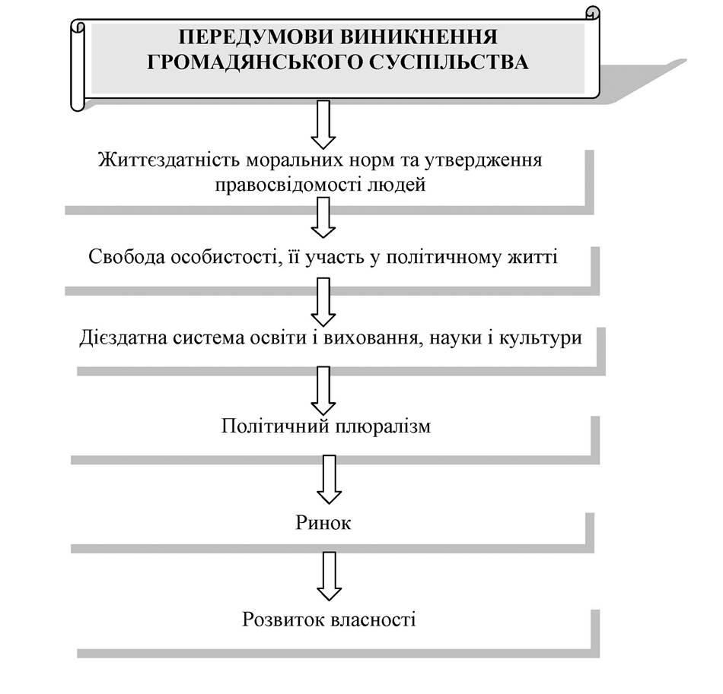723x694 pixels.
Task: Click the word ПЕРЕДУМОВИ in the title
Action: (x=256, y=36)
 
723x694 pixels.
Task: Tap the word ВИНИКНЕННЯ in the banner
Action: (x=419, y=36)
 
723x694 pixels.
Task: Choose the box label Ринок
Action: (x=323, y=523)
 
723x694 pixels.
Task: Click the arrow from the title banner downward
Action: (x=323, y=125)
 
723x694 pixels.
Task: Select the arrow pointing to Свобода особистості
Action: (x=323, y=217)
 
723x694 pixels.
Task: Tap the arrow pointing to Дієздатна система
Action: (x=323, y=302)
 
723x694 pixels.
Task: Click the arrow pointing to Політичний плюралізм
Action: (x=323, y=391)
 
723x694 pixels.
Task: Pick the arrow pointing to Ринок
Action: (x=330, y=480)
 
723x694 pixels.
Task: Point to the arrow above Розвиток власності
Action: (x=330, y=576)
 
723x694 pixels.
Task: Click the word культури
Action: (x=541, y=338)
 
